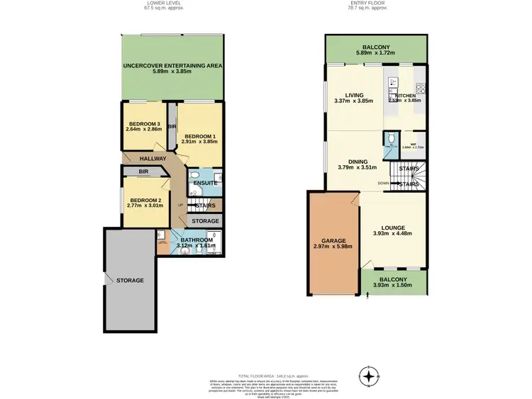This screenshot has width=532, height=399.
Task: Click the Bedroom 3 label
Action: click(x=144, y=124)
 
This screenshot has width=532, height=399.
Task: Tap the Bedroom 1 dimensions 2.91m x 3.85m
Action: click(x=199, y=142)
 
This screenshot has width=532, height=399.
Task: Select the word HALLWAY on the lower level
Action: click(x=153, y=159)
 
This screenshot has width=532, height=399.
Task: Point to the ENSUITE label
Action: click(x=207, y=182)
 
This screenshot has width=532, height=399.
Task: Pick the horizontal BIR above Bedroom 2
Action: click(x=143, y=172)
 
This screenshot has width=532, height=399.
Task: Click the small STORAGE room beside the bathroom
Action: click(x=206, y=221)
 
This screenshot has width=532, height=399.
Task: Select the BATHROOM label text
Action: click(x=196, y=240)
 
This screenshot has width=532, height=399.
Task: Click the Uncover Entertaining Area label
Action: click(x=172, y=66)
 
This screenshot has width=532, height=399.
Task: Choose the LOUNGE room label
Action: click(x=394, y=229)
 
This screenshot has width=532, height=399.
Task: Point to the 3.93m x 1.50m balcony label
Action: click(x=393, y=280)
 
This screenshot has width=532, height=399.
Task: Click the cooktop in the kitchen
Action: click(x=420, y=89)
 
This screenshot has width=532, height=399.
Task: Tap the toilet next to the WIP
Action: click(x=391, y=137)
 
